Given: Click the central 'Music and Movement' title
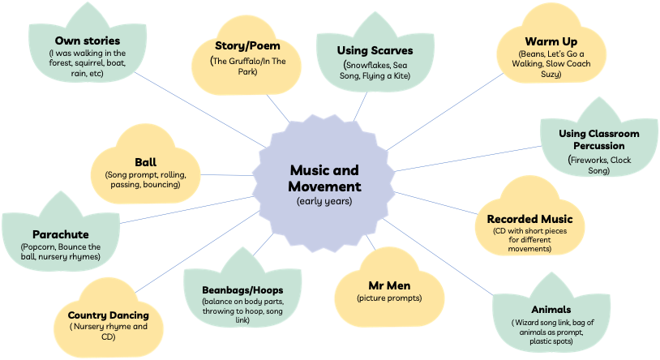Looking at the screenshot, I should [x=324, y=178].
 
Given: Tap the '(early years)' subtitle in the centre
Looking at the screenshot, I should [x=324, y=200].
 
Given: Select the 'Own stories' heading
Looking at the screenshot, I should [x=87, y=40].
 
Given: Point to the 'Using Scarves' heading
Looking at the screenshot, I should [x=375, y=50].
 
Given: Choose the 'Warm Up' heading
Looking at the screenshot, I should [x=545, y=41].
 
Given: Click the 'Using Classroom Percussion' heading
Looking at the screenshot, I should [x=598, y=139].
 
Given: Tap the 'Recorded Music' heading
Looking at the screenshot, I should [x=529, y=219].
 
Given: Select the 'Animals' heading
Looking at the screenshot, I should [x=551, y=309].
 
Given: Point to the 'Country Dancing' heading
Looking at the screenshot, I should [x=108, y=315].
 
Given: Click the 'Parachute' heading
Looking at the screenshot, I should [x=61, y=234].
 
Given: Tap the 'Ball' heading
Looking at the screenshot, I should [x=146, y=161].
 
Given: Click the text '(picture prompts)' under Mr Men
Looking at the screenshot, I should [x=389, y=298].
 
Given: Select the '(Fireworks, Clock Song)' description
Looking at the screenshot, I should [x=598, y=165].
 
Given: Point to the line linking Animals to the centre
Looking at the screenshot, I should [x=438, y=259].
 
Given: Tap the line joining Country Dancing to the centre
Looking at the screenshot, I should [x=195, y=259].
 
